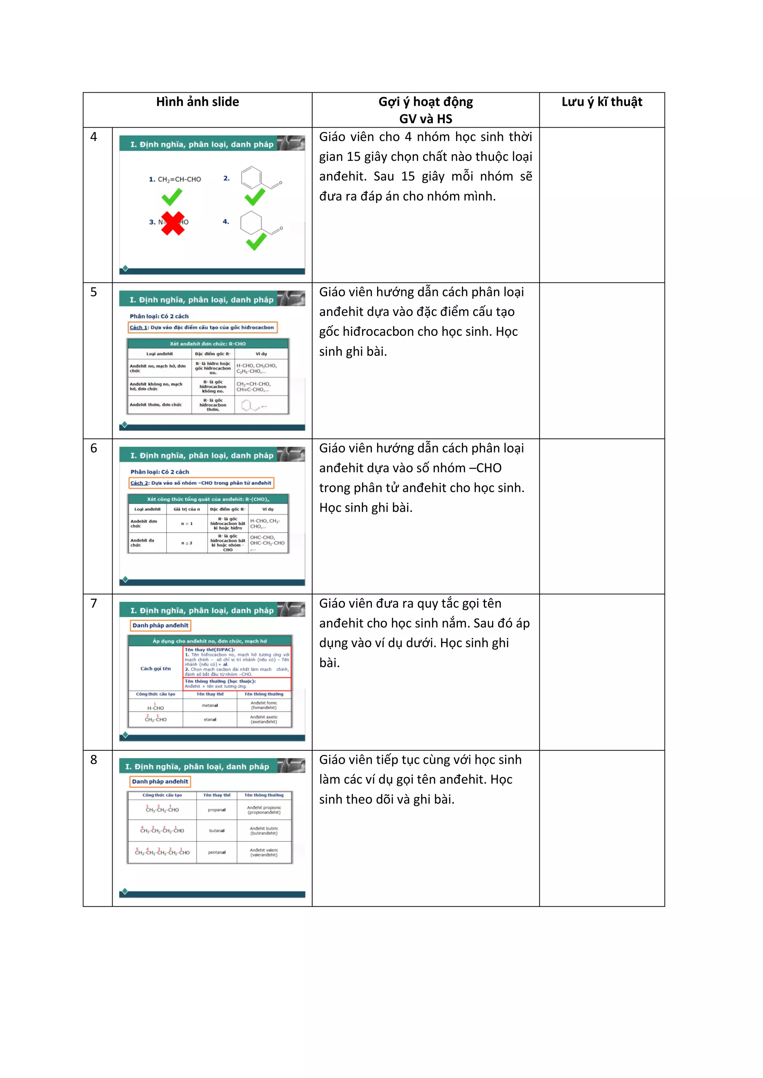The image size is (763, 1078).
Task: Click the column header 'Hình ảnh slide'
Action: [x=197, y=102]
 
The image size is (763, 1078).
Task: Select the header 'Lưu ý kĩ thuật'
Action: [x=601, y=102]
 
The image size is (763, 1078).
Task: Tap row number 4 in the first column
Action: [x=94, y=137]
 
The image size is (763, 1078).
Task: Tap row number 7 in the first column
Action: [x=94, y=603]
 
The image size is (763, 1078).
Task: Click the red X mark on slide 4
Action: [x=173, y=223]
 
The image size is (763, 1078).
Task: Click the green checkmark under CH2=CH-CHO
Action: [x=172, y=197]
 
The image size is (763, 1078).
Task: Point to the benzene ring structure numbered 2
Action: [x=252, y=178]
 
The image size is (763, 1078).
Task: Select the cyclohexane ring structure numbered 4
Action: [x=251, y=223]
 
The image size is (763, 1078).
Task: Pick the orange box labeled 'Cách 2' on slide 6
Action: [x=201, y=483]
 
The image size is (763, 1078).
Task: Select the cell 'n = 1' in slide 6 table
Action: [x=187, y=523]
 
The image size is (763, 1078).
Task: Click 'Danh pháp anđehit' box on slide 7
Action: [x=160, y=625]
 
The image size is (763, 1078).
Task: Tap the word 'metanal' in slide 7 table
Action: [x=210, y=705]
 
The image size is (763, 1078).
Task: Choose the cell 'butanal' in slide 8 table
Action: [x=216, y=830]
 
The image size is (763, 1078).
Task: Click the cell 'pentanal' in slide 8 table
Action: [x=216, y=852]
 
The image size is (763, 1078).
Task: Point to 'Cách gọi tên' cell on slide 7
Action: [x=155, y=669]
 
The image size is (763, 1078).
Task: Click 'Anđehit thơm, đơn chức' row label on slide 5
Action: [x=155, y=405]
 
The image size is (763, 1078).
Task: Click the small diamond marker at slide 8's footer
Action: [x=125, y=891]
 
